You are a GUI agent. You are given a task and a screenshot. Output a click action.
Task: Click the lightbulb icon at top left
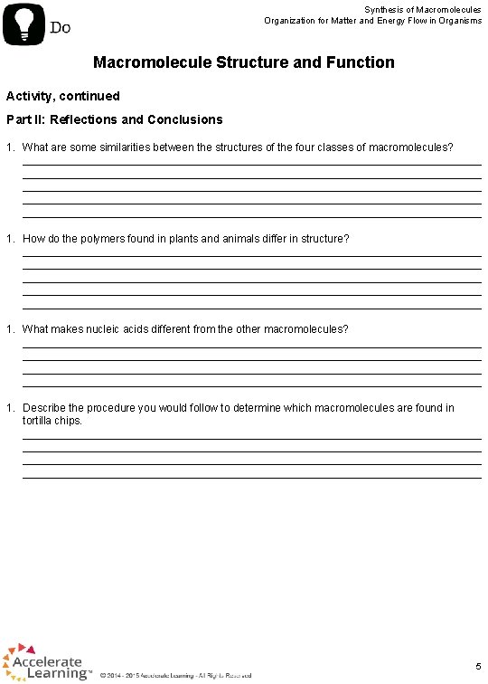(24, 24)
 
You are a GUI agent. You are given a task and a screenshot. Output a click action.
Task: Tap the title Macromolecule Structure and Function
(244, 62)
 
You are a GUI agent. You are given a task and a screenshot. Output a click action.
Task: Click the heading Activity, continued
(63, 96)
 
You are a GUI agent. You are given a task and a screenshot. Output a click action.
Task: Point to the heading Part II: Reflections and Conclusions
(115, 119)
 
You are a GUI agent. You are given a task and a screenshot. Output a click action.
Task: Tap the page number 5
(477, 665)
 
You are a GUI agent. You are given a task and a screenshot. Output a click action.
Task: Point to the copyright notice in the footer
(176, 675)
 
